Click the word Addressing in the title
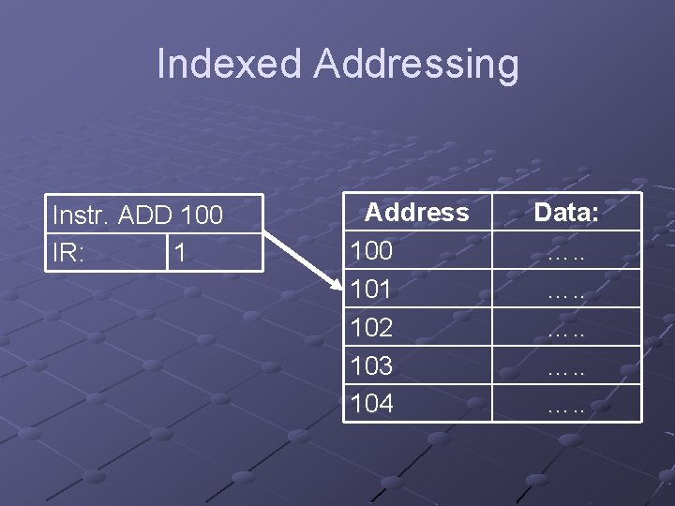tap(415, 65)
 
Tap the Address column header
tap(416, 213)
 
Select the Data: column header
tap(566, 213)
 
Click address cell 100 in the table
tap(370, 251)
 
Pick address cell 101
tap(370, 290)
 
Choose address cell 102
tap(370, 328)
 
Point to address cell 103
tap(370, 365)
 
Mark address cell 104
tap(370, 404)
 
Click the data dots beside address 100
tap(566, 254)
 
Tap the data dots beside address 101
tap(566, 292)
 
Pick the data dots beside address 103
tap(566, 368)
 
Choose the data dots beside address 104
tap(566, 407)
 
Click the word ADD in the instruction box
tap(147, 216)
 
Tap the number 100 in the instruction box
tap(201, 216)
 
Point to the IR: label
tap(68, 254)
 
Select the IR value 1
tap(180, 254)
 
